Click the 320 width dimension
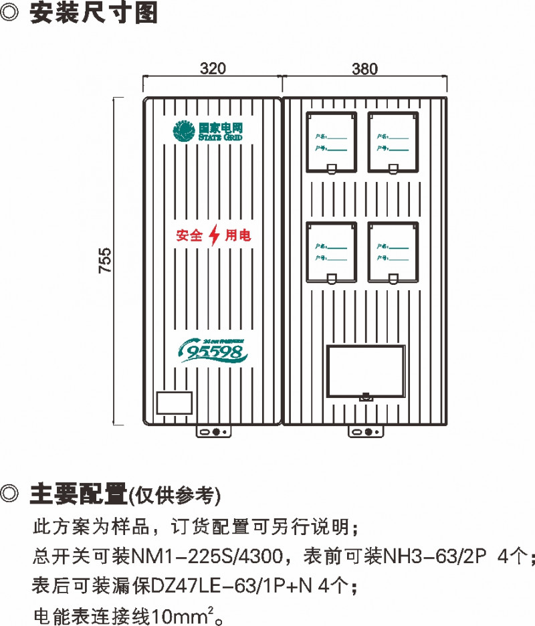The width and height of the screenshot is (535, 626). tap(213, 68)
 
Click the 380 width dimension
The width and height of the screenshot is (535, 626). tap(364, 68)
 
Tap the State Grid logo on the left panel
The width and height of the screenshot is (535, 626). tap(207, 131)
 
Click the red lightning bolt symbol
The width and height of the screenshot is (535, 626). tap(214, 235)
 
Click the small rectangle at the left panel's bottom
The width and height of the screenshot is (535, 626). tap(175, 403)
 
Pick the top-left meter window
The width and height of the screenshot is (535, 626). tap(331, 142)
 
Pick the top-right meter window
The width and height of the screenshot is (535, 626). tap(393, 142)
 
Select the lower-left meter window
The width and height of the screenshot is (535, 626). tap(331, 252)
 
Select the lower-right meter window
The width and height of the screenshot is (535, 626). tap(393, 252)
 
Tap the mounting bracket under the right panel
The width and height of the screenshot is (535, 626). tap(364, 432)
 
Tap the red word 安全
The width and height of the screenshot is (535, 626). tap(189, 236)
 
